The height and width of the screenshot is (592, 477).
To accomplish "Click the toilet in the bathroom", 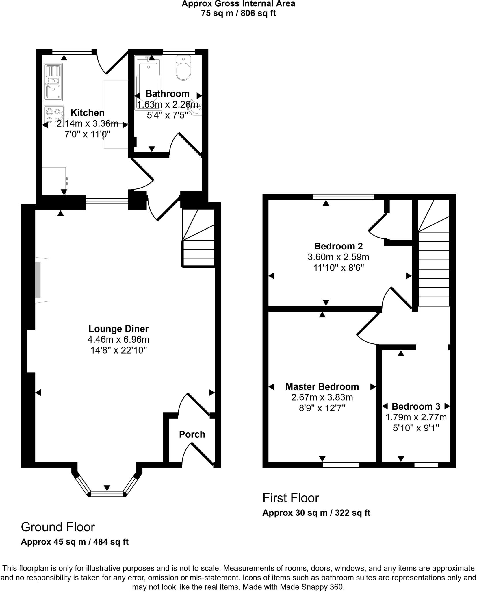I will click(x=183, y=69).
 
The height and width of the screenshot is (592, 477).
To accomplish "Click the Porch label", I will click(x=192, y=434).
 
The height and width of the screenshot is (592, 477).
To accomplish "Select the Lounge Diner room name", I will click(x=118, y=329).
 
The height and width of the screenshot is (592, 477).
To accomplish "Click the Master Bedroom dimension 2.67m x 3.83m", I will click(x=322, y=397).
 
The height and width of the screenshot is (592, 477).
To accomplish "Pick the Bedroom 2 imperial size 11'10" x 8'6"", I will click(x=338, y=268).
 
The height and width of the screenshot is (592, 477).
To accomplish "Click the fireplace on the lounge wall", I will click(x=40, y=280).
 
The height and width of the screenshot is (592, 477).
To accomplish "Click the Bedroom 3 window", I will click(x=426, y=465).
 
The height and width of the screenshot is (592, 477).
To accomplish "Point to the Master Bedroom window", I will click(x=341, y=465).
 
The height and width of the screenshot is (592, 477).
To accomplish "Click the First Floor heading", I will click(x=290, y=498).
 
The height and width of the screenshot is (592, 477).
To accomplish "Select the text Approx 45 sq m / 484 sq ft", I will click(x=75, y=542).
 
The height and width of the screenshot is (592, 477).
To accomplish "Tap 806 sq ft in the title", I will click(x=259, y=13).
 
